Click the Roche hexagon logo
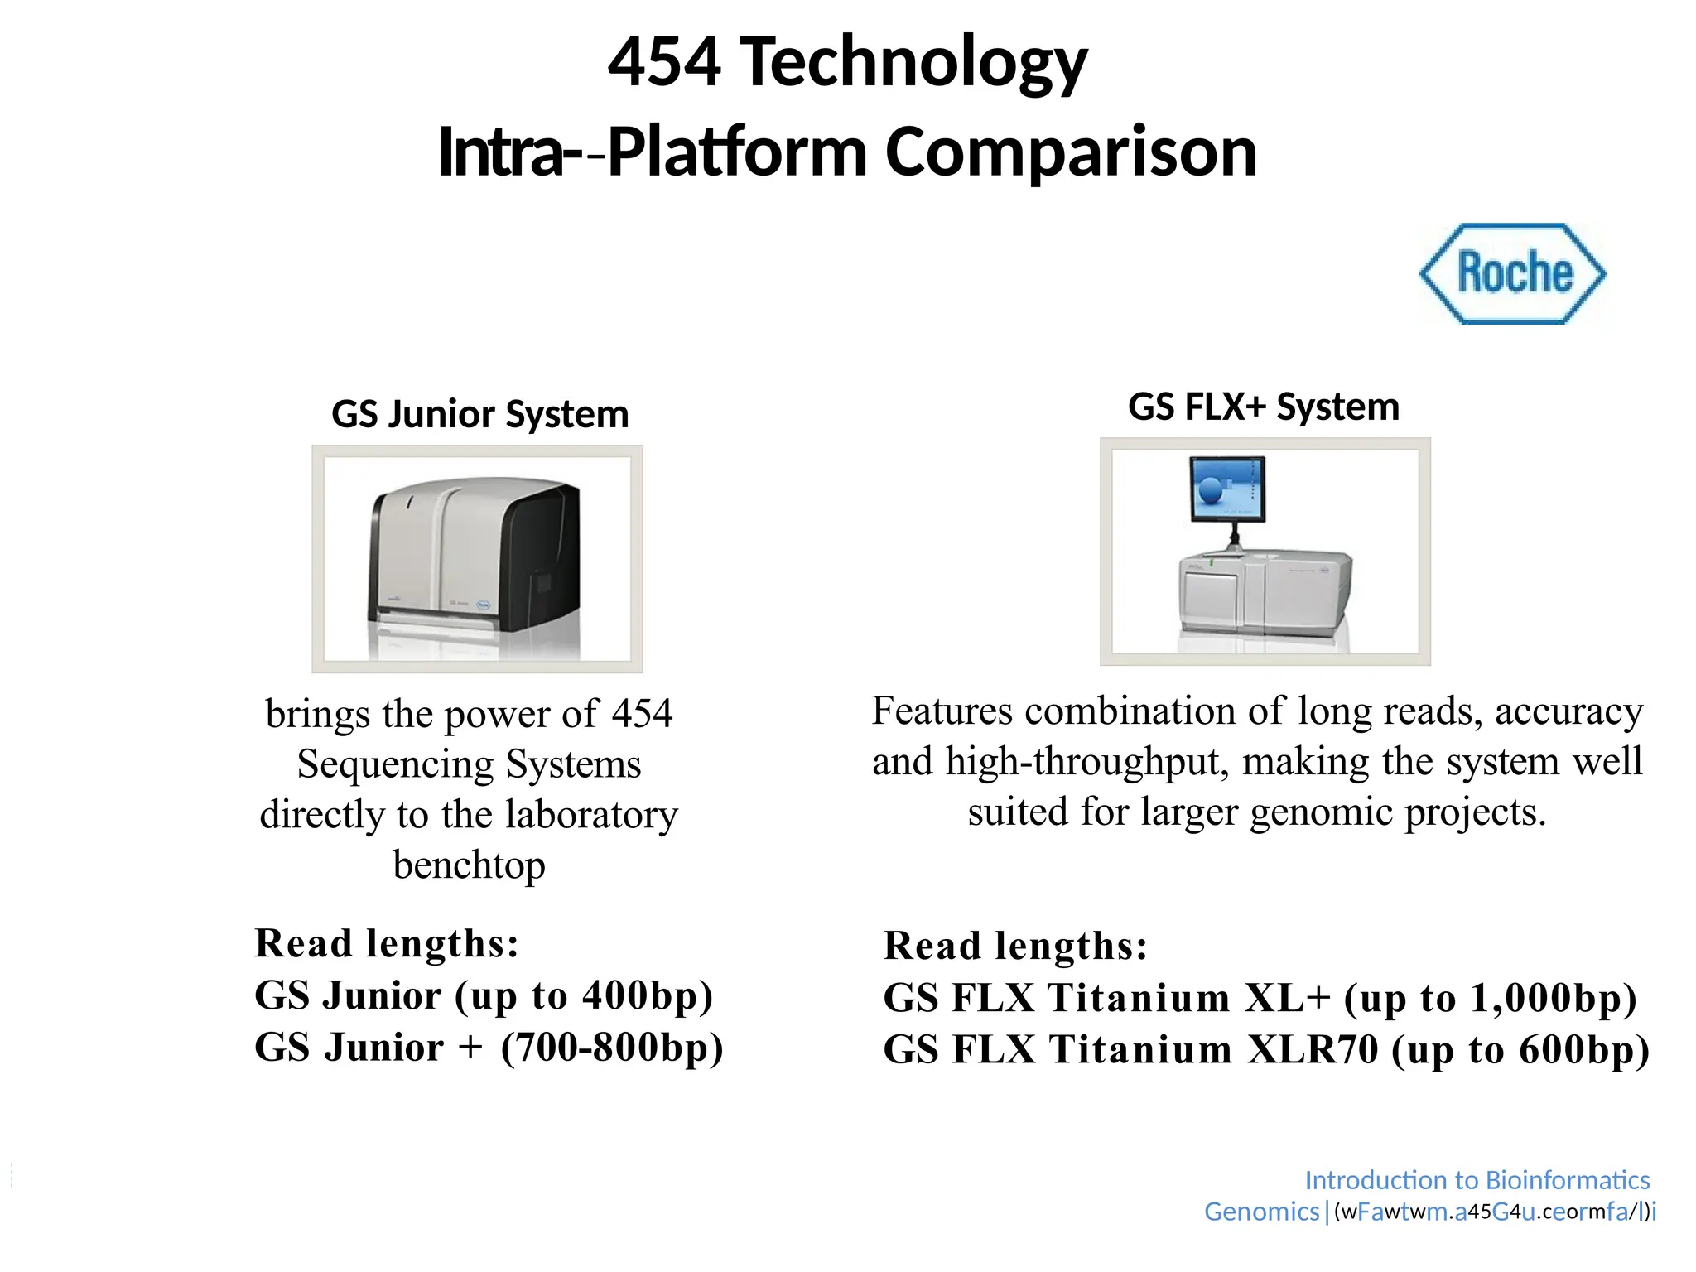pos(1513,273)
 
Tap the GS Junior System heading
pos(480,414)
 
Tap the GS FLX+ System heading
pos(1264,407)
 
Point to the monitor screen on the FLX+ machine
pos(1227,489)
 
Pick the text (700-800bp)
pos(612,1048)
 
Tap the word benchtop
pos(470,865)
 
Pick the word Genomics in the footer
pos(1261,1212)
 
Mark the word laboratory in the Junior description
pos(591,815)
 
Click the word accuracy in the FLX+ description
pos(1568,711)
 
